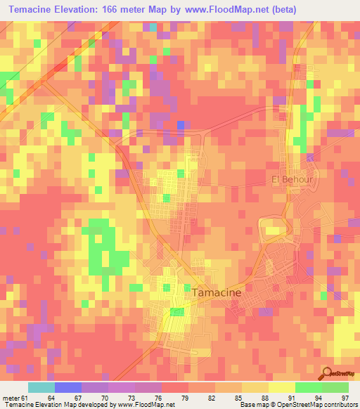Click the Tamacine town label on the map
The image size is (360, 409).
[x=217, y=292]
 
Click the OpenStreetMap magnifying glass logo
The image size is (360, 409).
[x=327, y=372]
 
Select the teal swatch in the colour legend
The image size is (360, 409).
[x=41, y=387]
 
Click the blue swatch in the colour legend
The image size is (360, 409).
[x=68, y=387]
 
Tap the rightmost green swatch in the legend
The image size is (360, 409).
[x=335, y=387]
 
